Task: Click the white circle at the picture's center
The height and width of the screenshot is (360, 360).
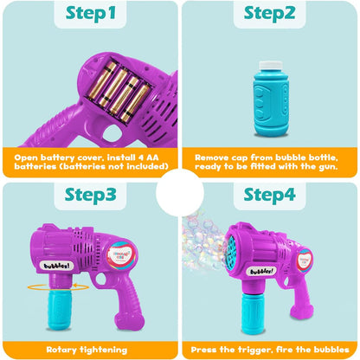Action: tap(180, 180)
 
